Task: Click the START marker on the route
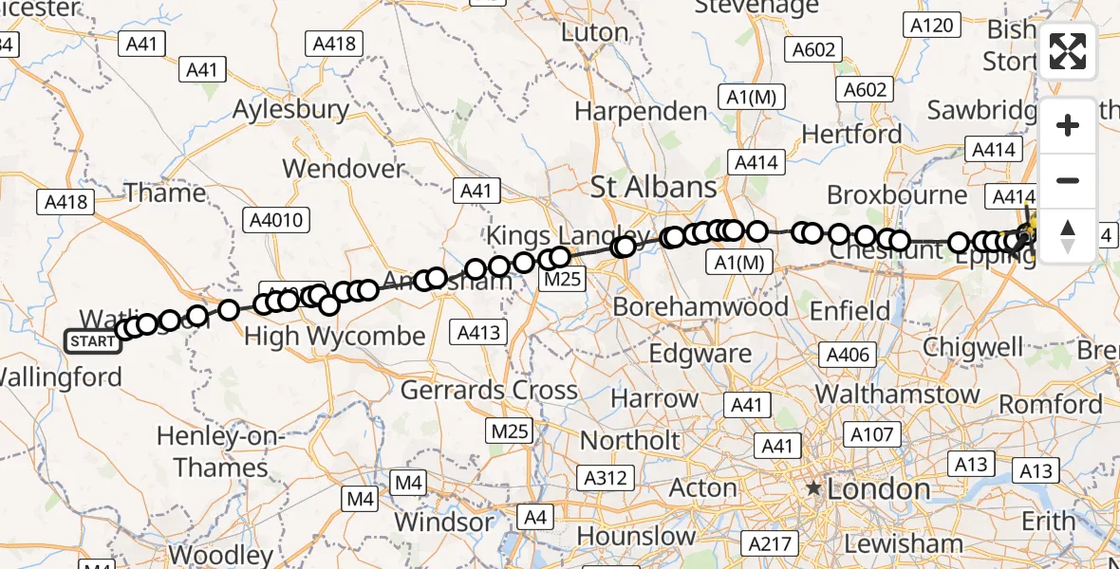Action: coord(93,341)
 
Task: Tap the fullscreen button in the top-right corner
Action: coord(1068,51)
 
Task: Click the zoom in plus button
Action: coord(1068,125)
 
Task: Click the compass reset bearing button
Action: coord(1068,236)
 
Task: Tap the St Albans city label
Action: coord(653,187)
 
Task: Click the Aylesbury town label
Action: coord(291,110)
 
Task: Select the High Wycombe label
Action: coord(335,337)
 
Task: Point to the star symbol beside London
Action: coord(813,489)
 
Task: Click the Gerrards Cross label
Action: coord(489,390)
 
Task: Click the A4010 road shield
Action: coord(275,221)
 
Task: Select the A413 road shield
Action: coord(481,333)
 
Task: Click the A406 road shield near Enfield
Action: coord(848,355)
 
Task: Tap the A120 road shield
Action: coord(930,25)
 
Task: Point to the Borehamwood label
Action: coord(700,307)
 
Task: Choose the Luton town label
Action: coord(595,32)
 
